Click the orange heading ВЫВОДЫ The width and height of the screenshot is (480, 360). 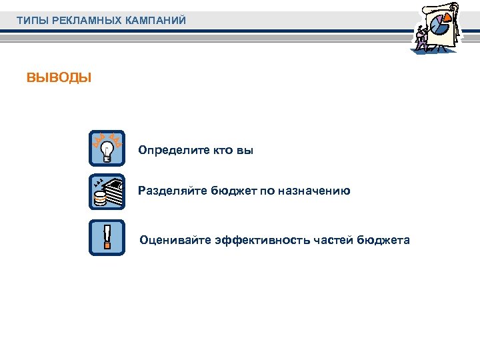(x=59, y=78)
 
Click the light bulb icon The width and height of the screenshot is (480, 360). (x=107, y=149)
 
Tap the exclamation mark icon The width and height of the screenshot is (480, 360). (x=107, y=237)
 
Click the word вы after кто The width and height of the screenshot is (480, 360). (x=245, y=151)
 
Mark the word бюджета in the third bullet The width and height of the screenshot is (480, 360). (x=384, y=240)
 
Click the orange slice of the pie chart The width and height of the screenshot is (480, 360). (x=444, y=25)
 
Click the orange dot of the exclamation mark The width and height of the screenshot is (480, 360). (x=107, y=246)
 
